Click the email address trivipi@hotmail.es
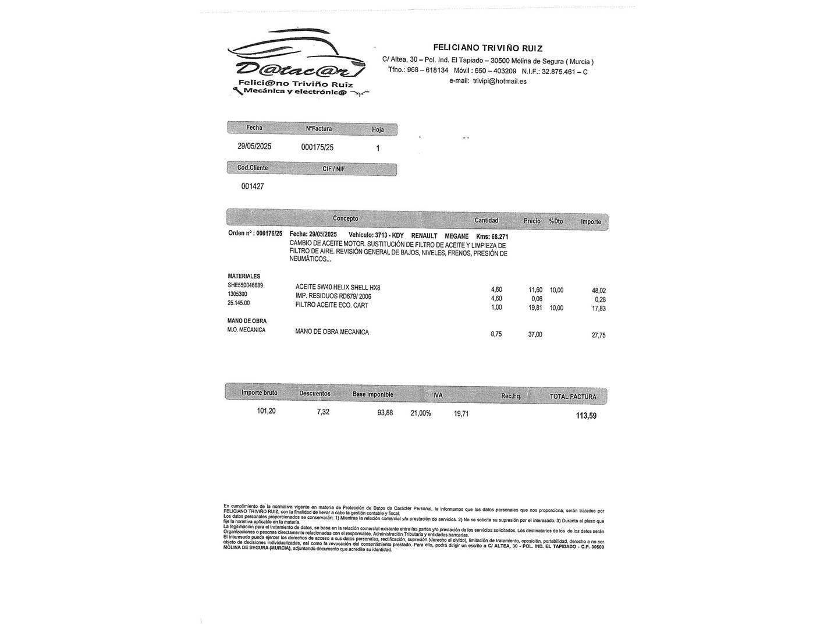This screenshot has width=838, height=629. pyautogui.click(x=499, y=82)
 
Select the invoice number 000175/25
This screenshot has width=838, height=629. pyautogui.click(x=317, y=147)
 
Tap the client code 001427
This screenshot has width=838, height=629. pyautogui.click(x=253, y=186)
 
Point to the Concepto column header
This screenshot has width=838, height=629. pyautogui.click(x=345, y=218)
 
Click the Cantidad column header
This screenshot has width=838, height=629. pyautogui.click(x=486, y=220)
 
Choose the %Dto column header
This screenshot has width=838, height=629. pyautogui.click(x=556, y=221)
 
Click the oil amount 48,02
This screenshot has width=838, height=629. pyautogui.click(x=598, y=291)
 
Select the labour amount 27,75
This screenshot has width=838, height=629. pyautogui.click(x=598, y=335)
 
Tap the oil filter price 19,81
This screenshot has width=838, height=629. pyautogui.click(x=535, y=308)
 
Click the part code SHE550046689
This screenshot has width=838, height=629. pyautogui.click(x=245, y=285)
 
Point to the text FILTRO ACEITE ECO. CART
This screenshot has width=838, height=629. pyautogui.click(x=332, y=305)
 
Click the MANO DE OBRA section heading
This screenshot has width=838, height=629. pyautogui.click(x=247, y=321)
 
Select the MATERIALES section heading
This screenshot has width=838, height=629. pyautogui.click(x=244, y=276)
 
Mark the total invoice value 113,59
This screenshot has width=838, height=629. pyautogui.click(x=585, y=416)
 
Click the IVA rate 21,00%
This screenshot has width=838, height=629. pyautogui.click(x=421, y=414)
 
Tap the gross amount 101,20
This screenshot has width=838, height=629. pyautogui.click(x=266, y=411)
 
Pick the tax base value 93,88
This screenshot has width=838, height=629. pyautogui.click(x=385, y=414)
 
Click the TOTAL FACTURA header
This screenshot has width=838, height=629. pyautogui.click(x=573, y=397)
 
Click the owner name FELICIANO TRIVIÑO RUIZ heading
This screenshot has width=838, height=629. pyautogui.click(x=488, y=48)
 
